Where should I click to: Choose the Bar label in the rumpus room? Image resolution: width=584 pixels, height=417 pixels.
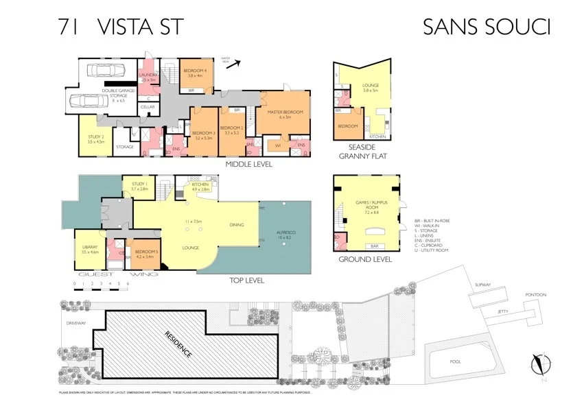pos(375,246)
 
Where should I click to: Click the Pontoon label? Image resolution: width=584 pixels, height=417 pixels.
pos(536,295)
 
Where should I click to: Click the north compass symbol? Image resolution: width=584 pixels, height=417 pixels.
pos(541,362)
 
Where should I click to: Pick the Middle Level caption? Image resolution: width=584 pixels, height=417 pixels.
pos(249,165)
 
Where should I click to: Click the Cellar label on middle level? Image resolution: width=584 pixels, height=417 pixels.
pos(148,108)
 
